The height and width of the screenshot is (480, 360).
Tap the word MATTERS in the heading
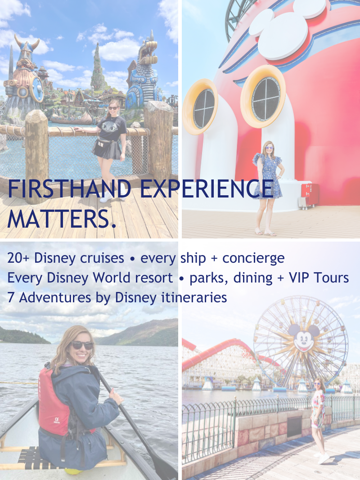tap(58, 219)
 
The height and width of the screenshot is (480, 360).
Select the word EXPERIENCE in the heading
tap(207, 188)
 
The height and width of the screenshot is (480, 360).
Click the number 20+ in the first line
tap(18, 258)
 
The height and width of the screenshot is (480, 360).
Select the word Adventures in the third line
tap(55, 297)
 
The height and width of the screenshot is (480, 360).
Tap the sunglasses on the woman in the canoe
tap(82, 345)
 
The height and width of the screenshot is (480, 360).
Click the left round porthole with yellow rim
tap(201, 107)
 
